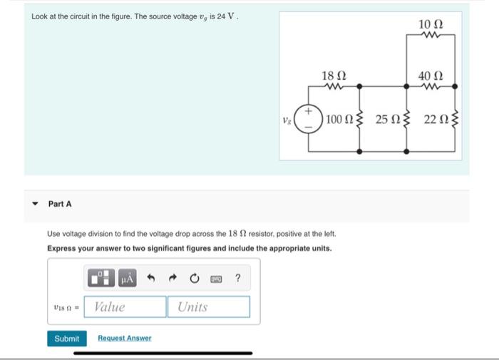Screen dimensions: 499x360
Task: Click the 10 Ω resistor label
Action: point(431,25)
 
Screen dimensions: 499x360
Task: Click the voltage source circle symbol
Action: point(309,118)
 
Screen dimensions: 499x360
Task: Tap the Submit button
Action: point(67,339)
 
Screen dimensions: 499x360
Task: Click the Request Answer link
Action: point(125,339)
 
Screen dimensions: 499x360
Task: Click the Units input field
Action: point(209,307)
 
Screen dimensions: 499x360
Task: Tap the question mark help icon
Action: point(238,277)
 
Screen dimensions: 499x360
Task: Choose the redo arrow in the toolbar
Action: point(173,277)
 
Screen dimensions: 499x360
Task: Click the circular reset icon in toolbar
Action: point(193,277)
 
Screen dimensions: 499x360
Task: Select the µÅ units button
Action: point(126,277)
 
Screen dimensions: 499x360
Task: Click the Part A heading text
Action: point(60,204)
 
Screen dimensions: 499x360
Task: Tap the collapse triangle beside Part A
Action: point(35,204)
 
